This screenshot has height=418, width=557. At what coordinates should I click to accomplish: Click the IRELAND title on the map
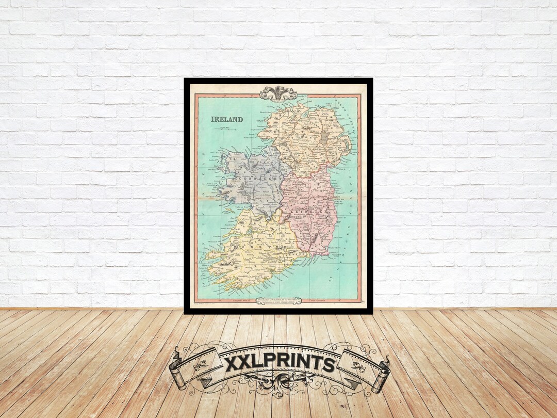point(227,119)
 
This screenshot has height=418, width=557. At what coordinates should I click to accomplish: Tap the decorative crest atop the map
point(278,93)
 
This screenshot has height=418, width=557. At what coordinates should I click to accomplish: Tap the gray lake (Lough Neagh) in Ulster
point(324,136)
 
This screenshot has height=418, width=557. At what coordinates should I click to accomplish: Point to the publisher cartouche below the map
point(278,300)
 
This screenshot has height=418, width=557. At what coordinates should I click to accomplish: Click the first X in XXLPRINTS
point(233,363)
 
